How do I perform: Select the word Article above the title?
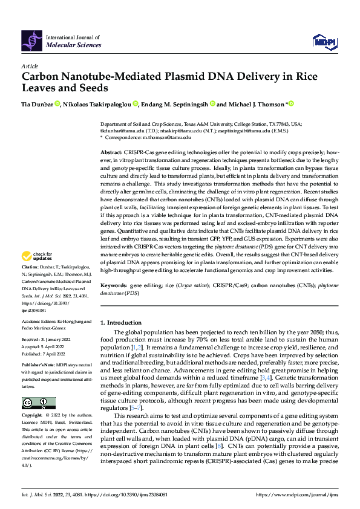pyautogui.click(x=30, y=66)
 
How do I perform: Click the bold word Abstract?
pyautogui.click(x=111, y=152)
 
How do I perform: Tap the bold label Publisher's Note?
pyautogui.click(x=38, y=366)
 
